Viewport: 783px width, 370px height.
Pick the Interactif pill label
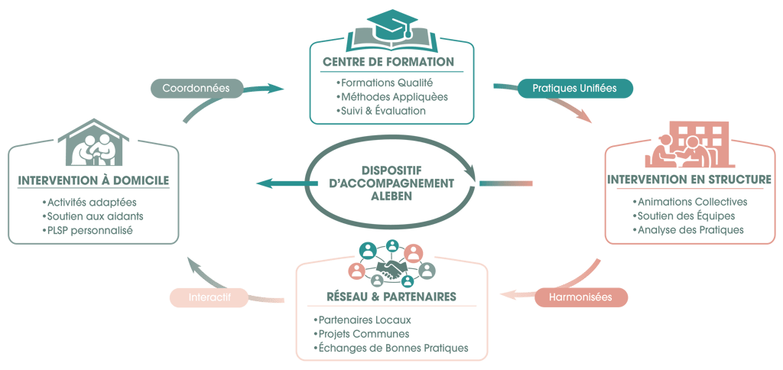click(209, 297)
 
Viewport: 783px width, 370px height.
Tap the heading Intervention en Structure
click(689, 180)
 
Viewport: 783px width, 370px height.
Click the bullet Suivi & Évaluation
click(380, 112)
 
